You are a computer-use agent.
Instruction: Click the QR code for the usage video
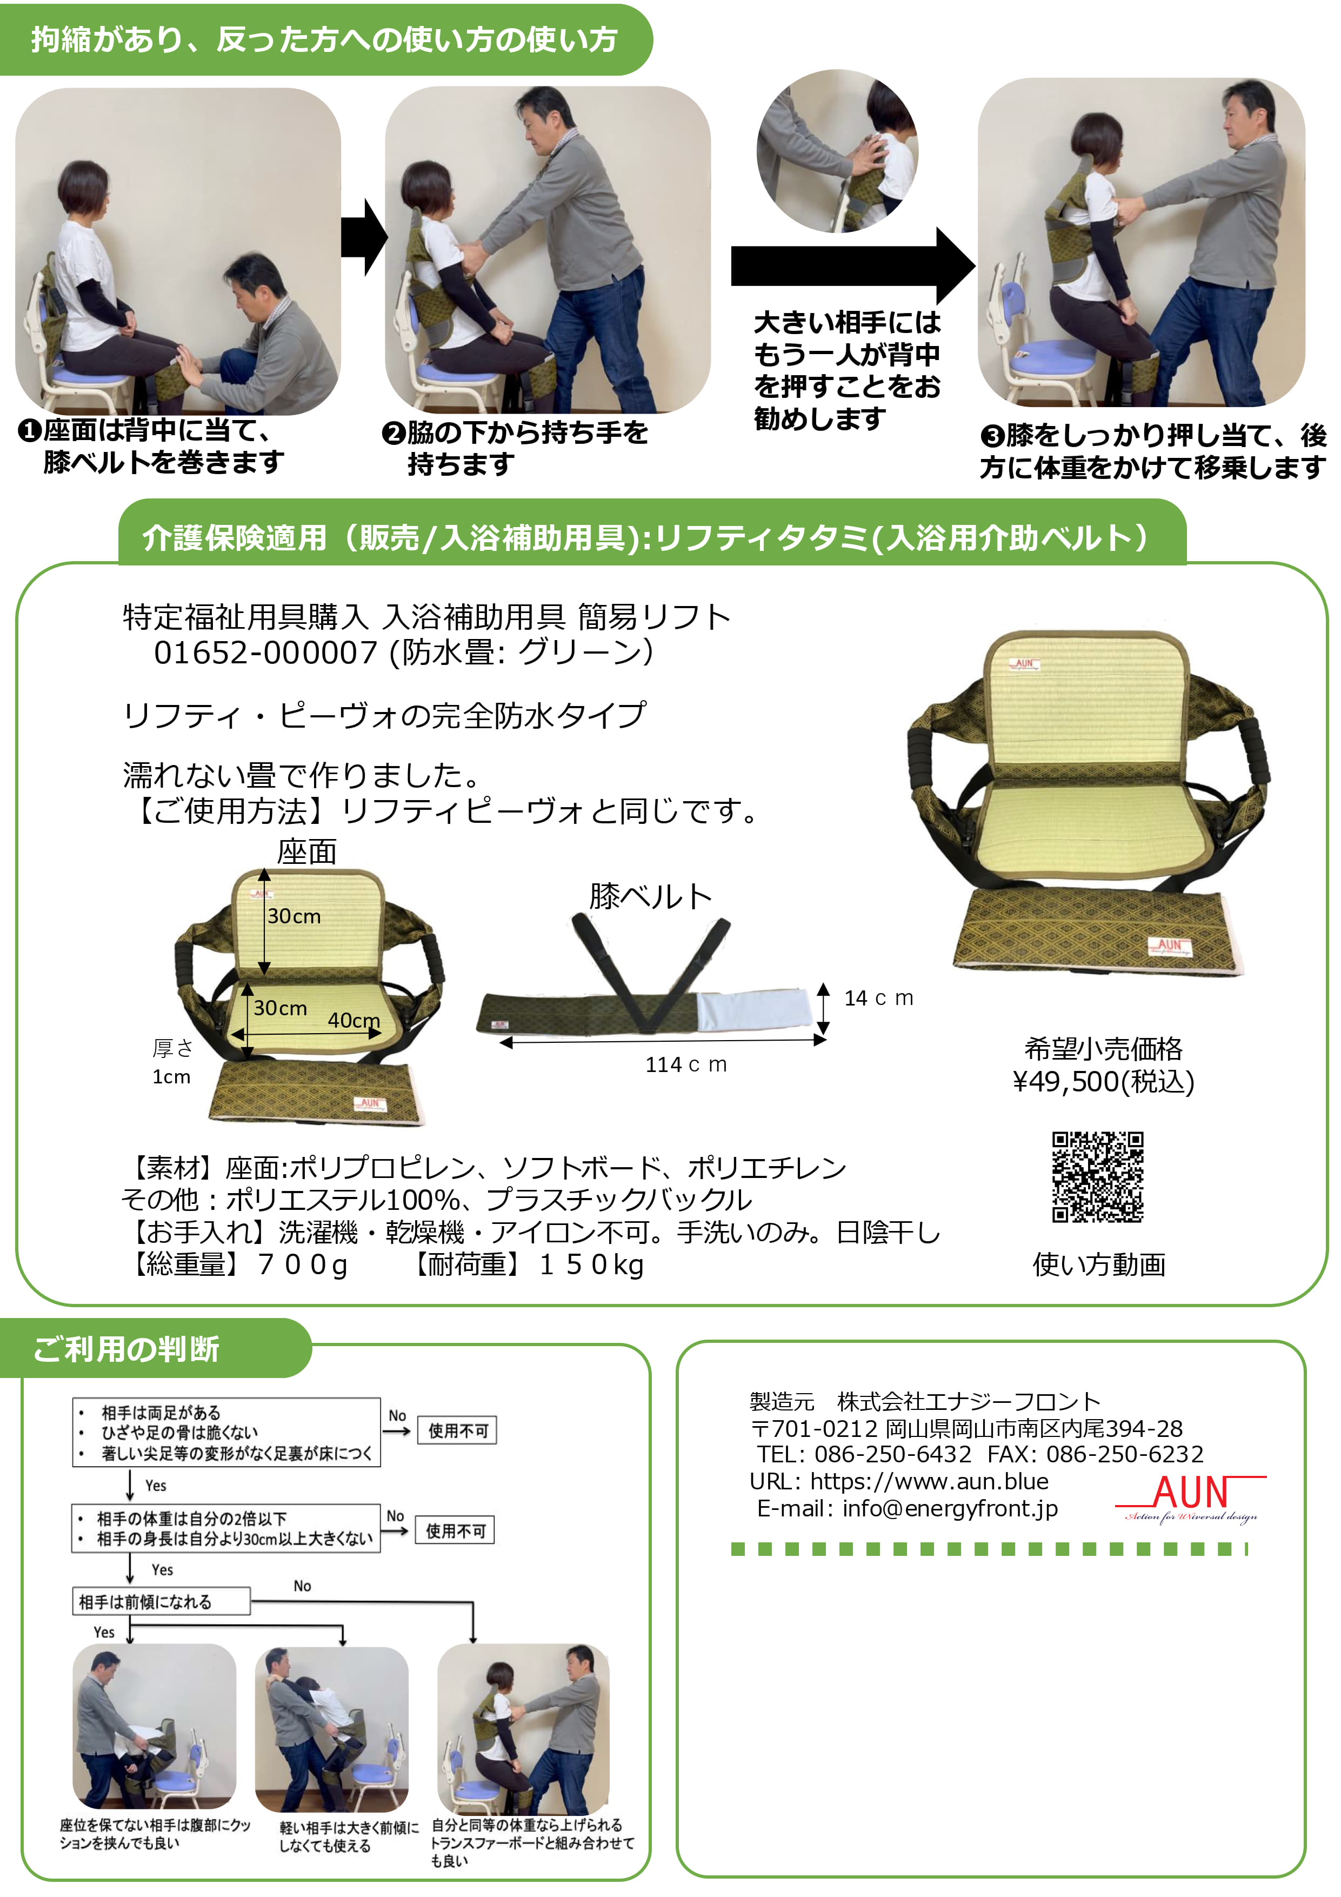1097,1176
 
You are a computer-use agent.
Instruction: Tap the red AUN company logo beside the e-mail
1191,1499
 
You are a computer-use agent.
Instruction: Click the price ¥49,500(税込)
1103,1082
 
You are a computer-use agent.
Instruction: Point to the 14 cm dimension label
878,998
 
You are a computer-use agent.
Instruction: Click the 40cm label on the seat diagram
353,1020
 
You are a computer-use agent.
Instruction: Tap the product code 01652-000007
266,653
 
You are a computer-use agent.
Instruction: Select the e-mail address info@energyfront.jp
950,1509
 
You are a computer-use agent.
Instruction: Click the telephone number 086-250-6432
892,1454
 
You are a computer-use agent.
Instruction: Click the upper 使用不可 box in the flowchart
458,1430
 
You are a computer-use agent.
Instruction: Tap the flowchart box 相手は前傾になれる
161,1601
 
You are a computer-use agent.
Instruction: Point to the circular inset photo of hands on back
838,150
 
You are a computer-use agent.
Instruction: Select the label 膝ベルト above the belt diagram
650,896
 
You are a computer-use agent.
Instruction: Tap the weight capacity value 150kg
592,1265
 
